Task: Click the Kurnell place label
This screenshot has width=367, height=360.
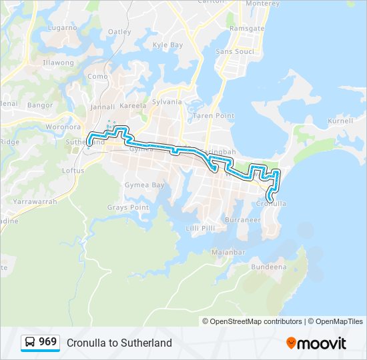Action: pos(341,121)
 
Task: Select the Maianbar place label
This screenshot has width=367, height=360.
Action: pos(229,253)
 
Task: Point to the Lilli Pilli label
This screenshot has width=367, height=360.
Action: pos(200,228)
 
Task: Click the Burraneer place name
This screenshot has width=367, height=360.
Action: pos(243,219)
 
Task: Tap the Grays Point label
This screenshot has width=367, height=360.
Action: pos(128,207)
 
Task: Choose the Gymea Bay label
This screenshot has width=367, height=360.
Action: pos(145,185)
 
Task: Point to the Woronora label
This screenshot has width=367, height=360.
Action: pos(63,127)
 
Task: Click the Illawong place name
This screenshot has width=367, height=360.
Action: pos(58,63)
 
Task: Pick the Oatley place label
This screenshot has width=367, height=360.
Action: pos(119,31)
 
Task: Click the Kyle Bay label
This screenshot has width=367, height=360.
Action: pos(167,45)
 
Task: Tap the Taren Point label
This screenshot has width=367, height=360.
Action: pos(214,115)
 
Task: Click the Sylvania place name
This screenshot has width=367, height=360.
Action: pos(167,102)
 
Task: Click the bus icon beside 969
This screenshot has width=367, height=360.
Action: pos(30,343)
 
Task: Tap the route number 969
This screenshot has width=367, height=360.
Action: pos(47,342)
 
